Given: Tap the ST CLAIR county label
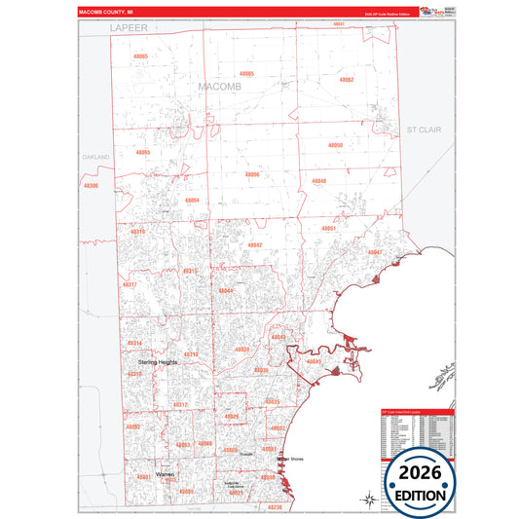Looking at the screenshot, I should click(x=425, y=129).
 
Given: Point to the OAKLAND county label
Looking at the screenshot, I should click(x=96, y=156).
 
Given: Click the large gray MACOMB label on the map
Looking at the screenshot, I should click(x=219, y=87).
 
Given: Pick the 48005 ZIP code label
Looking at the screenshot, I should click(x=246, y=74).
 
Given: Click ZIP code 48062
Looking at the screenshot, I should click(x=346, y=79).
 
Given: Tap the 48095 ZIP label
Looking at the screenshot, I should click(x=143, y=152).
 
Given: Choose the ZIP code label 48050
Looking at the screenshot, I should click(x=336, y=145).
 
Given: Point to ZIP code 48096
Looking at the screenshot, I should click(x=252, y=174).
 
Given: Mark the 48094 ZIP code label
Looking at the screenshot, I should click(x=192, y=201).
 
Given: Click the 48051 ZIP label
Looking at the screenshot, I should click(x=329, y=228).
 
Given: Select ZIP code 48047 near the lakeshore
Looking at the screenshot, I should click(x=375, y=252).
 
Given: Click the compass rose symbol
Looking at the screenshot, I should click(x=370, y=500).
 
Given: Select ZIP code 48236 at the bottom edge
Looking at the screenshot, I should click(x=275, y=506).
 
